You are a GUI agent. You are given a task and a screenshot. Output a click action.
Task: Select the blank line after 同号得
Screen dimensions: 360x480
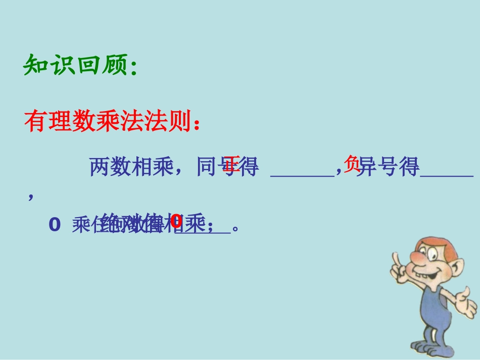point(302,175)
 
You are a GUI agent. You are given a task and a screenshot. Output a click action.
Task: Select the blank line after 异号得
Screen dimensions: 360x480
point(447,175)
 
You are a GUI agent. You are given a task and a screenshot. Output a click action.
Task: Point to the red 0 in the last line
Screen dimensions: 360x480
point(175,221)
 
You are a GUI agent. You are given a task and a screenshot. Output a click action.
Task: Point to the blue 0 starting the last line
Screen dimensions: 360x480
point(55,225)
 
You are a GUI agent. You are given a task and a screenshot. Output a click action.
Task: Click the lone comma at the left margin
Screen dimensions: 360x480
point(31,197)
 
